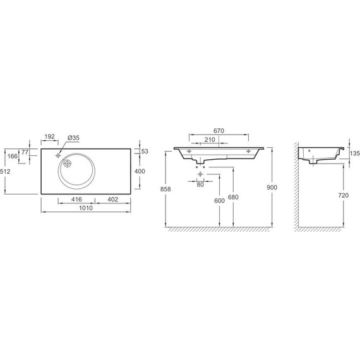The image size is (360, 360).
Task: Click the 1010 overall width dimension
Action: coord(86,208)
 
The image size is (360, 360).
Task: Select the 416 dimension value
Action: coord(76,200)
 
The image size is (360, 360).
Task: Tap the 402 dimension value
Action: coord(112,200)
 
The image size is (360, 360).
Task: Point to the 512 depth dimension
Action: coord(5,171)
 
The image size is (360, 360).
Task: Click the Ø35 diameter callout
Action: coord(73,138)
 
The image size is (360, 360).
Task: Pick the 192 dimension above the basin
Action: coord(50,136)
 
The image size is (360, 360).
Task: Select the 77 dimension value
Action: coord(25,152)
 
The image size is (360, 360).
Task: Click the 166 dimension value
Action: coord(13,156)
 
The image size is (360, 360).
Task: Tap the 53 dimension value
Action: coord(145,152)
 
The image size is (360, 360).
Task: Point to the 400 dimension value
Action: coord(140,171)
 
